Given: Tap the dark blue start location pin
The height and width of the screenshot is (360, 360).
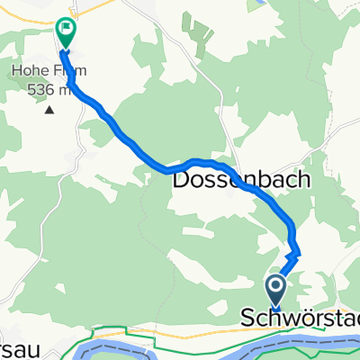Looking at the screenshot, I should click(275, 290).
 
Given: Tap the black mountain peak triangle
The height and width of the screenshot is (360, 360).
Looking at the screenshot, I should click(49, 110).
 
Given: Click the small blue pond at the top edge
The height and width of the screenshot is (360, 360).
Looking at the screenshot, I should click(261, 4).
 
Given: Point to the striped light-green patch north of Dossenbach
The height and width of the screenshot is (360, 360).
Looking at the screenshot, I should click(198, 31).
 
